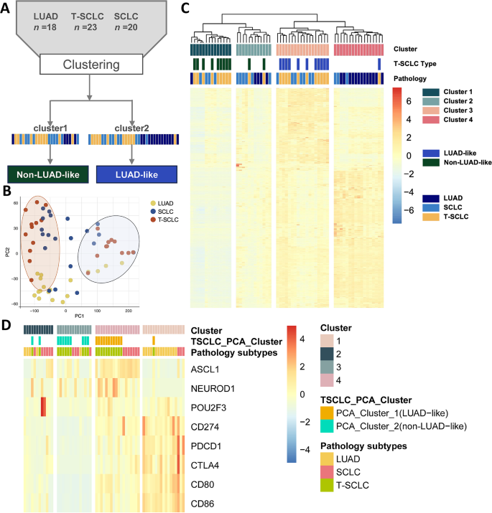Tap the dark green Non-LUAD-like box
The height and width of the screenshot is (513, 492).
pyautogui.click(x=47, y=174)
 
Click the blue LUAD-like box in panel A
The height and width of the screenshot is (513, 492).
pyautogui.click(x=132, y=174)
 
